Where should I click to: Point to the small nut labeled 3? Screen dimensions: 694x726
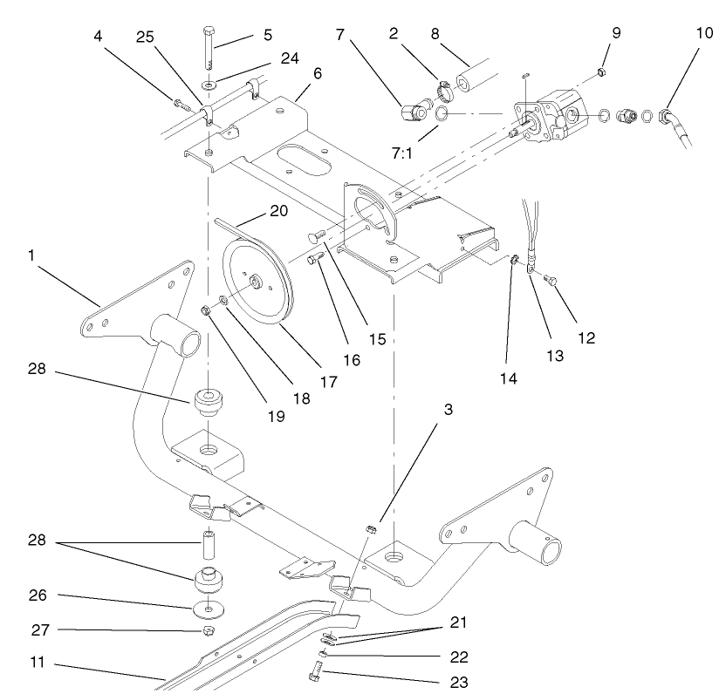[369, 528]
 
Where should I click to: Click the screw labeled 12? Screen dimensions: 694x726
[551, 280]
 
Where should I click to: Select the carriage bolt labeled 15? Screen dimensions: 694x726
[318, 235]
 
